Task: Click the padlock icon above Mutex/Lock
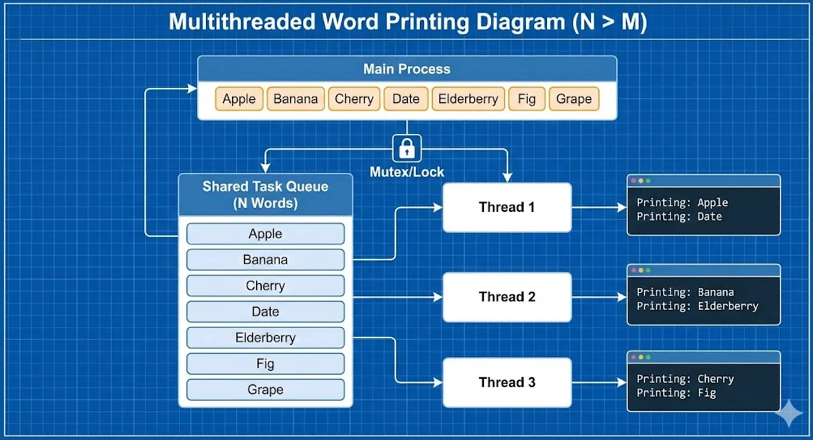tap(407, 148)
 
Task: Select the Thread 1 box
tap(507, 207)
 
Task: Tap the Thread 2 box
tap(507, 297)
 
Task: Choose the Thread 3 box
tap(507, 383)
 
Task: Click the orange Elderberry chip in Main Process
tap(468, 99)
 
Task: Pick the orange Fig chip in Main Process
tap(527, 99)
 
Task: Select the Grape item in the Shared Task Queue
tap(265, 390)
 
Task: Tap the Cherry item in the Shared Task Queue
tap(265, 286)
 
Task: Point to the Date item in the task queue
tap(265, 311)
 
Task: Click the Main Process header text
tap(407, 69)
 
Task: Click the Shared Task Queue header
tap(265, 195)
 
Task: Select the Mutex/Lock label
tap(407, 172)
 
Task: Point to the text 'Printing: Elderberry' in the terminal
tap(697, 306)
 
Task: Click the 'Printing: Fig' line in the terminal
tap(676, 393)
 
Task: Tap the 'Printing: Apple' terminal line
tap(682, 202)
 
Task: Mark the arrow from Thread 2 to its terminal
tap(599, 298)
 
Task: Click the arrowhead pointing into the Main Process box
tap(192, 89)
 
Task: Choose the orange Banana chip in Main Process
tap(296, 99)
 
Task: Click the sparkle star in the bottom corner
tap(789, 414)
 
